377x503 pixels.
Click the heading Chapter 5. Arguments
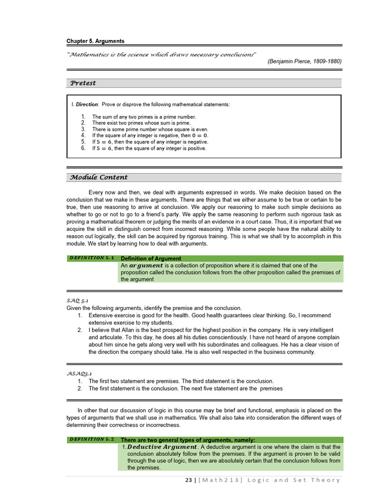95,41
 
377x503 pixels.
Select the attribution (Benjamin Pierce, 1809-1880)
304,61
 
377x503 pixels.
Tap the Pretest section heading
83,83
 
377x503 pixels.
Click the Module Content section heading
99,177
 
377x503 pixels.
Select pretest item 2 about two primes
143,123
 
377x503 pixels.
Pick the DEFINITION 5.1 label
92,258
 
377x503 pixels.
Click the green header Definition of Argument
151,258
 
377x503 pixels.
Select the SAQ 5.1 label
77,300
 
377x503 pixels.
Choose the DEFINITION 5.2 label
92,439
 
